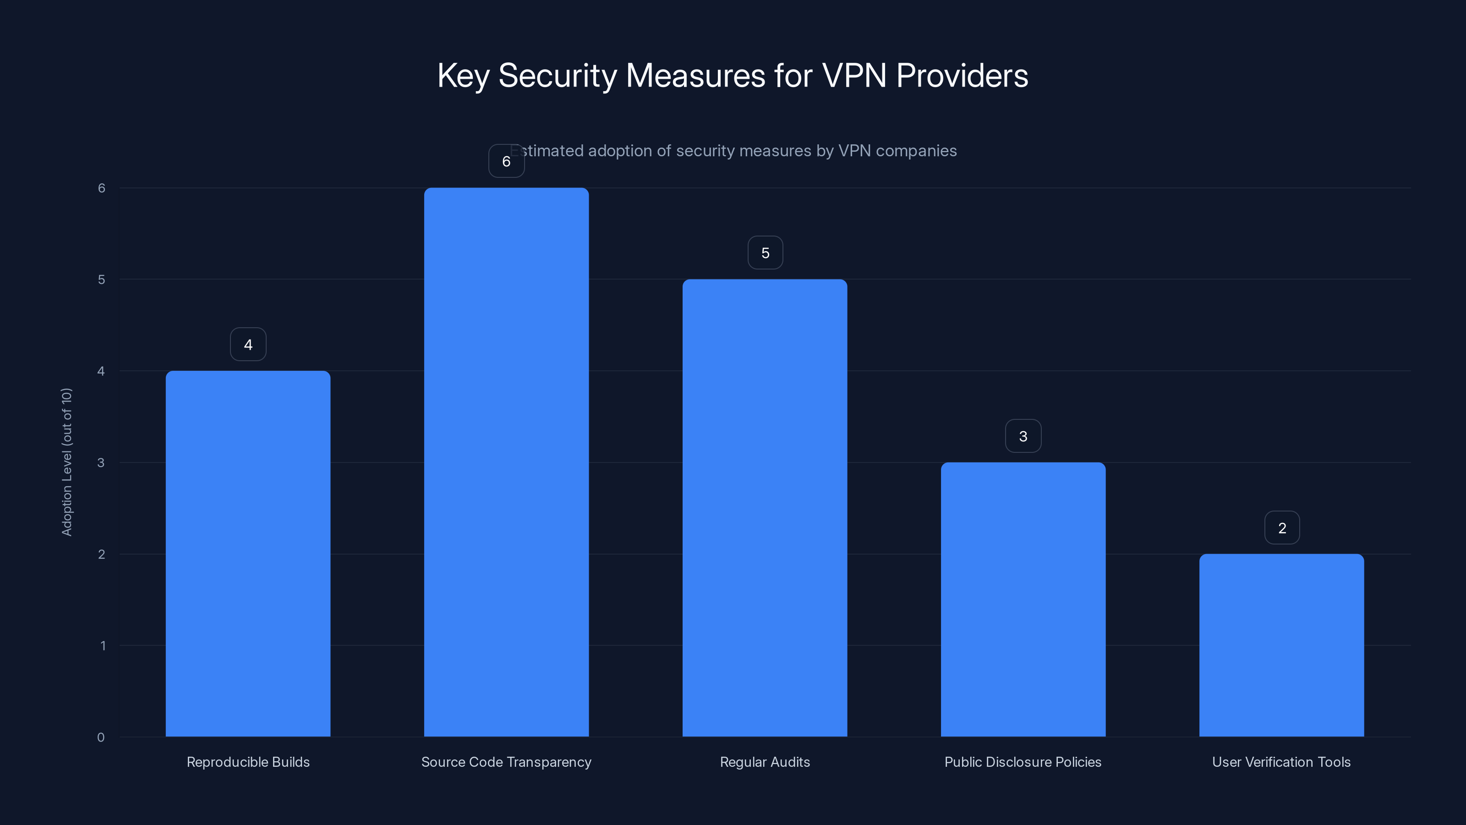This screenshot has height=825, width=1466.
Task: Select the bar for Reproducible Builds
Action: coord(248,553)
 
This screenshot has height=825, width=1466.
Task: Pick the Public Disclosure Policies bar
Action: coord(1023,599)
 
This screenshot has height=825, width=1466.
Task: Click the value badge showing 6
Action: coord(506,161)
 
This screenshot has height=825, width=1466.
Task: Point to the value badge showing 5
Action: coord(765,253)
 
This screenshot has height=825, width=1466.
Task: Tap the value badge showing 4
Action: coord(248,345)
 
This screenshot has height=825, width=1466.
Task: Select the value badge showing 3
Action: coord(1023,436)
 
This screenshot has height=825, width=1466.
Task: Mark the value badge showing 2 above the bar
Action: coord(1282,528)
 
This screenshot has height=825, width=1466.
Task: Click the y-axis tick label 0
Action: coord(101,737)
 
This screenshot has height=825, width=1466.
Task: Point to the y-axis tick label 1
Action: coord(103,646)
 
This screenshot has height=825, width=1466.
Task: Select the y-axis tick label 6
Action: coord(101,188)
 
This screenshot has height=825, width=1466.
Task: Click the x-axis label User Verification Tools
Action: coord(1281,762)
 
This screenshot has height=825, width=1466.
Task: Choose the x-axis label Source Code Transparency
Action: coord(506,762)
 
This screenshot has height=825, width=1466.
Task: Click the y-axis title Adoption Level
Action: coord(66,462)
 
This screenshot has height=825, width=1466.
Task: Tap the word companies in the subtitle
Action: coord(916,151)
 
